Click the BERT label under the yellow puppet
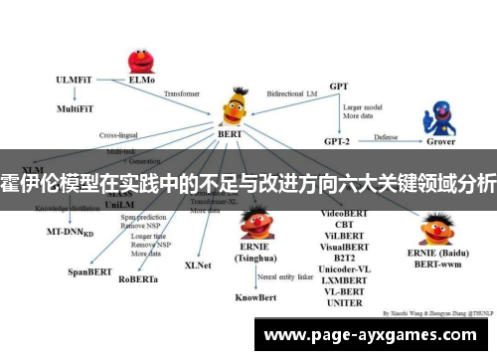pyautogui.click(x=231, y=132)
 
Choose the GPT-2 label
pyautogui.click(x=340, y=142)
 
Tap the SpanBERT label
pyautogui.click(x=87, y=270)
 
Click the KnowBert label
pyautogui.click(x=255, y=295)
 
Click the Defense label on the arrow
pyautogui.click(x=387, y=137)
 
